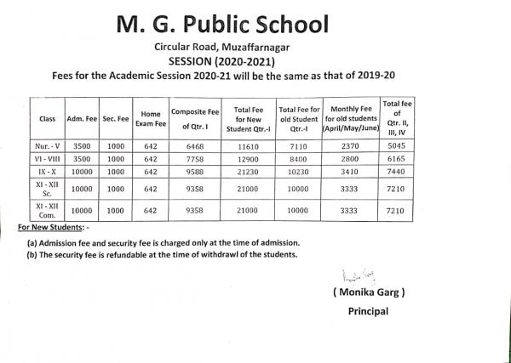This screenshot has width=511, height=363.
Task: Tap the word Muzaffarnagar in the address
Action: click(x=253, y=48)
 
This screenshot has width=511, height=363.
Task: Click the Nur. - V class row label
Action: click(x=47, y=146)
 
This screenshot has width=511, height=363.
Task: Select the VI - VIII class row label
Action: click(x=47, y=159)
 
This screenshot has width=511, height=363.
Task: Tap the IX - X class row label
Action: click(x=47, y=171)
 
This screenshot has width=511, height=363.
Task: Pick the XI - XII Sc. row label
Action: click(x=47, y=189)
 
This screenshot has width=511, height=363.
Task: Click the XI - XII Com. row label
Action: click(x=47, y=210)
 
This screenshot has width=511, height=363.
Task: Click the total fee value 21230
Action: click(x=252, y=171)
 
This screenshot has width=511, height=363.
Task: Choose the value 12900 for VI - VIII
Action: click(x=252, y=159)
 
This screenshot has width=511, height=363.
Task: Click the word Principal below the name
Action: click(x=368, y=311)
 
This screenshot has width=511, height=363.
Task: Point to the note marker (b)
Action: click(x=32, y=254)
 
